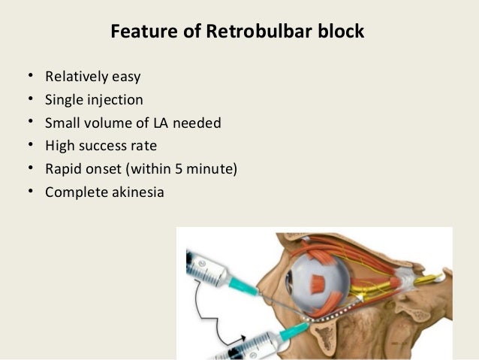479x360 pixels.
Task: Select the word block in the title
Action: point(342,32)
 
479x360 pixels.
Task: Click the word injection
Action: point(115,99)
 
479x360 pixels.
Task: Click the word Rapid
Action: point(64,168)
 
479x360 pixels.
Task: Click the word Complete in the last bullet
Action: point(76,192)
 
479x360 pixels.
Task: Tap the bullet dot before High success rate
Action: point(29,146)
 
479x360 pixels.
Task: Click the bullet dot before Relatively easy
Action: point(29,77)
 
